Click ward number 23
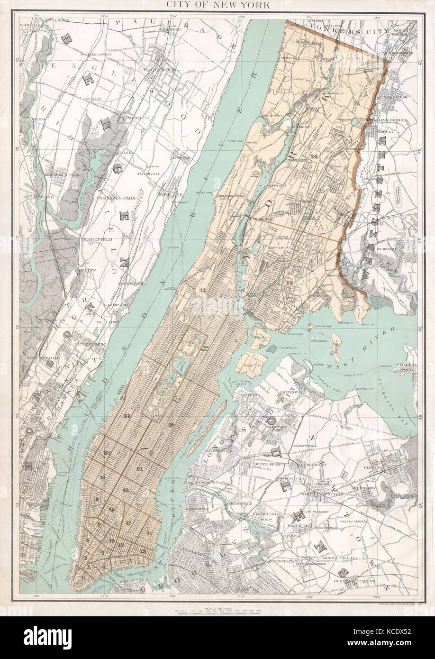pos(289,282)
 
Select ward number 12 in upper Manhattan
pos(203,289)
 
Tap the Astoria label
pos(251,394)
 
